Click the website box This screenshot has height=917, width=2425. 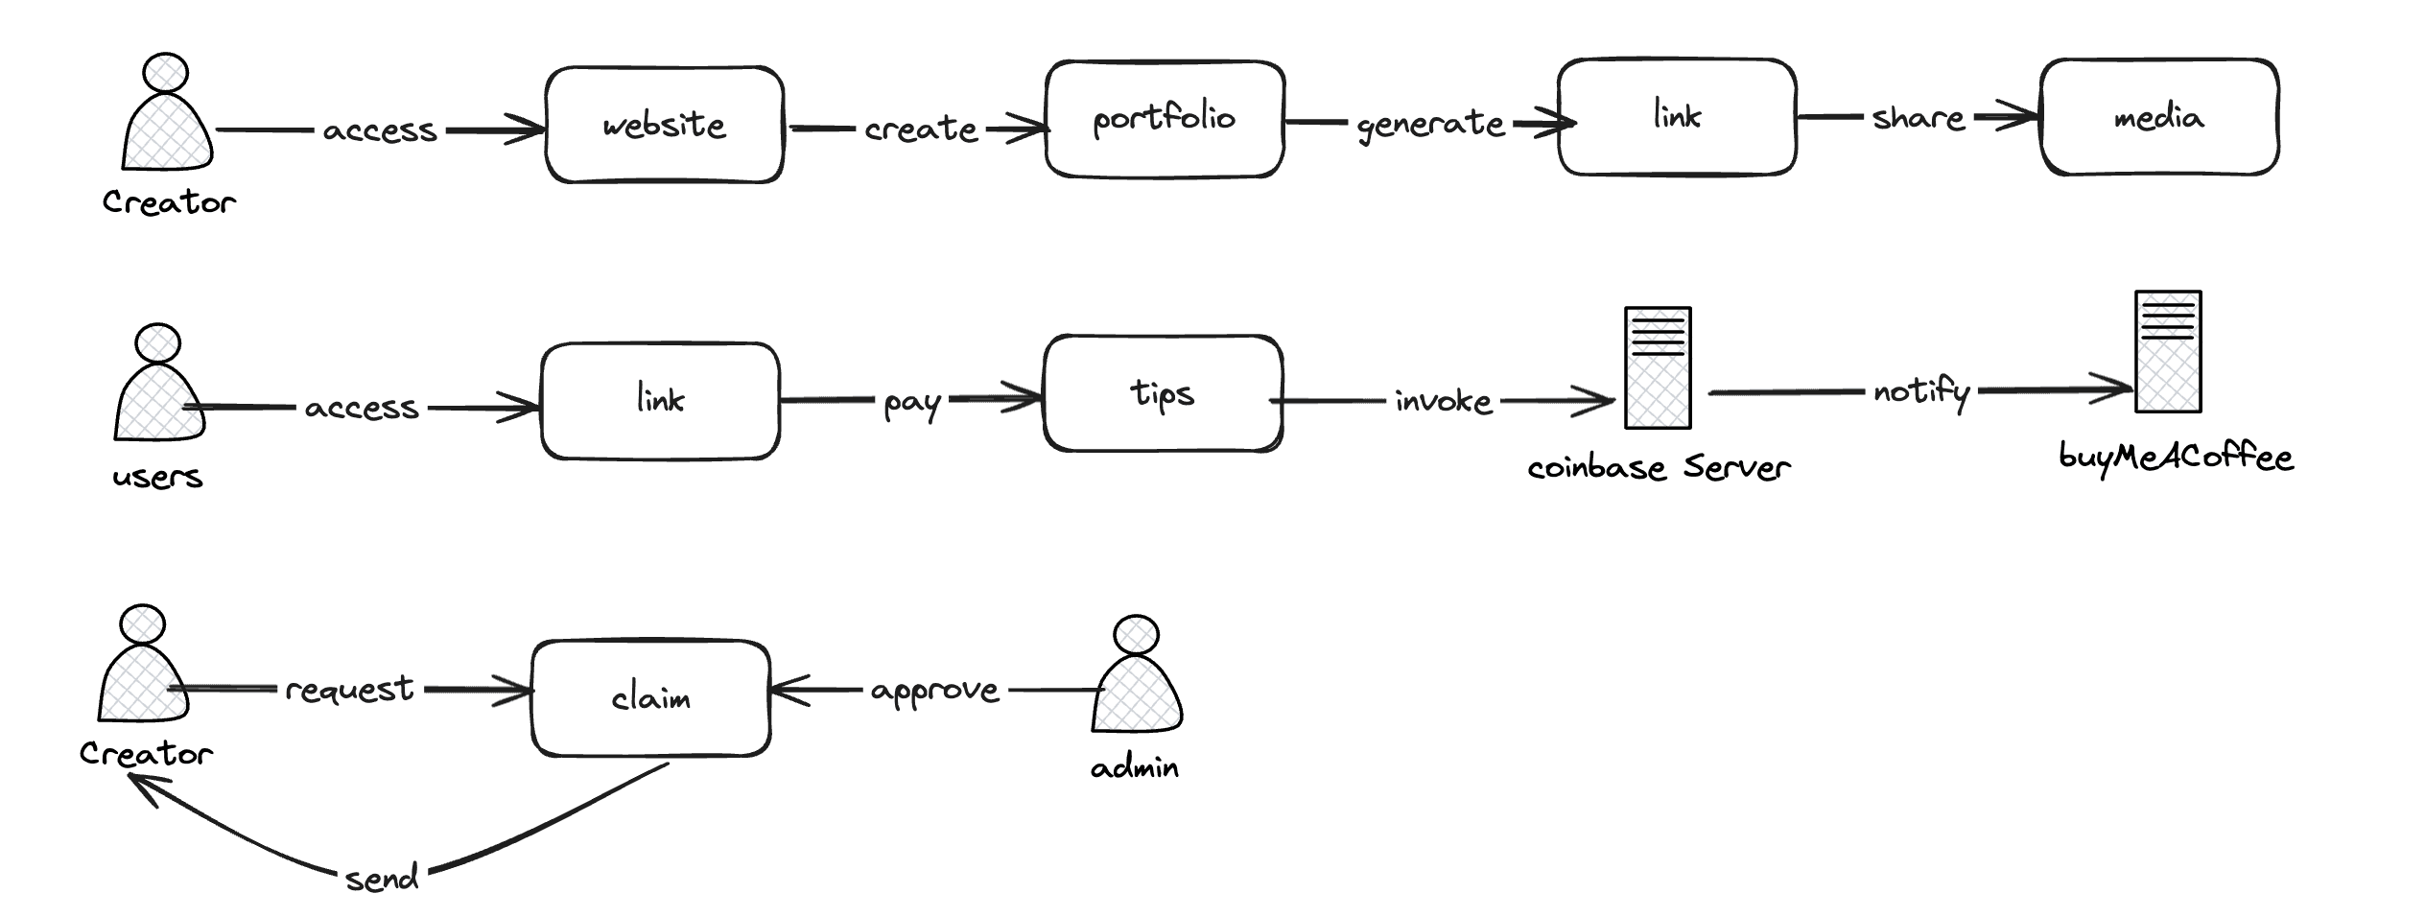coord(665,125)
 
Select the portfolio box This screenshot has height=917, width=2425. coord(1165,119)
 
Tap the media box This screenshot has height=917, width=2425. coord(2159,117)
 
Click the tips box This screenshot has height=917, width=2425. coord(1163,393)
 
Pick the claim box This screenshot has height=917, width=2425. coord(651,698)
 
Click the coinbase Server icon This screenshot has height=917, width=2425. coord(1658,367)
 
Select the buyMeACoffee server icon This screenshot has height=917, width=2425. coord(2168,352)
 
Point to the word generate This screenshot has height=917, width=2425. coord(1430,125)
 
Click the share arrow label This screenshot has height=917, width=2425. coord(1919,117)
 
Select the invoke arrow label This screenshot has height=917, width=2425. coord(1444,400)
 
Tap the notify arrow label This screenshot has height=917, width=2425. coord(1921,391)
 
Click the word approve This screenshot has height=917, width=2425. coord(935,691)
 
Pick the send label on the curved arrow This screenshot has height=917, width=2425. coord(382,877)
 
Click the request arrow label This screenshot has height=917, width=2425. coord(349,689)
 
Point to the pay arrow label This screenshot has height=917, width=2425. coord(912,403)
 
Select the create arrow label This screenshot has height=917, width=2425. coord(921,128)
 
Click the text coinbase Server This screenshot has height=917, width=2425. coord(1659,467)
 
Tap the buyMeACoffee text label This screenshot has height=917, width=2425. coord(2176,457)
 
